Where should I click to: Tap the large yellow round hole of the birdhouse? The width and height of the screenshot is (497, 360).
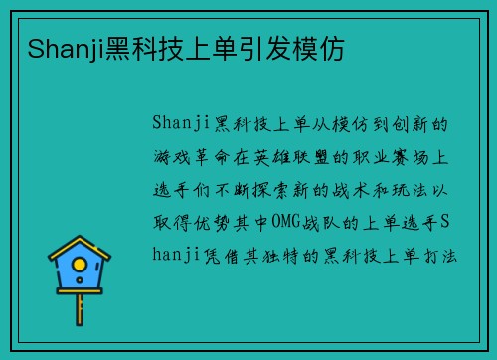coord(81,267)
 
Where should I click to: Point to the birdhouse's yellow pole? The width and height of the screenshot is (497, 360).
coord(81,313)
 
